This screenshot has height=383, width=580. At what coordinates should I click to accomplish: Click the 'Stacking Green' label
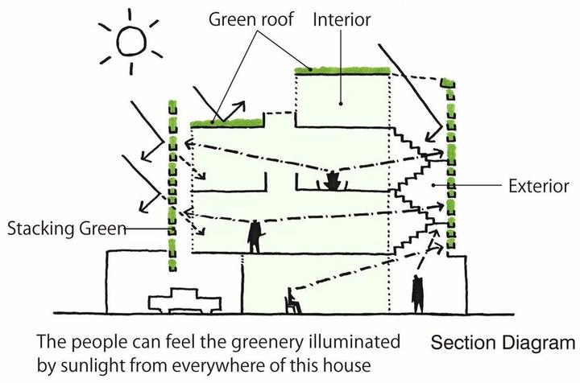coord(68,228)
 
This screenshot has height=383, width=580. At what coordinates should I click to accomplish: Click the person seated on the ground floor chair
coord(293,302)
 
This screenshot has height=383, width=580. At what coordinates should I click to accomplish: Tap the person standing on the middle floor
coord(255,237)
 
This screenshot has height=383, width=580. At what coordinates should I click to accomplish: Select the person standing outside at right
coord(416,294)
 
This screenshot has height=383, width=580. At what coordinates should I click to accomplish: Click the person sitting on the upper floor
coord(331,180)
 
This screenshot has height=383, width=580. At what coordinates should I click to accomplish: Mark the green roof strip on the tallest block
coord(343,72)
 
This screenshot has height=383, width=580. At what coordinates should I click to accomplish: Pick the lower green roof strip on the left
coord(228,122)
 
